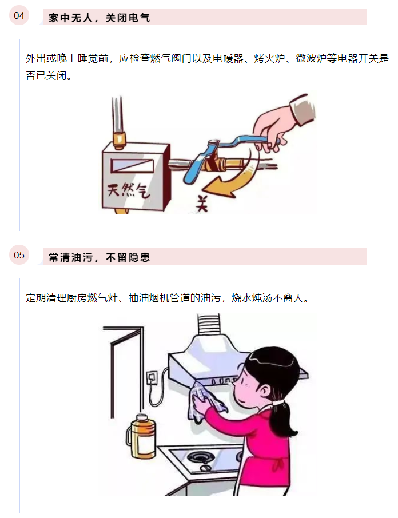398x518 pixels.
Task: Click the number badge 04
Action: click(19, 15)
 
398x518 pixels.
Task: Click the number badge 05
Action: click(19, 255)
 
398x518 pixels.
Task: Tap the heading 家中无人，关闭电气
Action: click(99, 18)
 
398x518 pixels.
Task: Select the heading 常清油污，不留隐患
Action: click(99, 257)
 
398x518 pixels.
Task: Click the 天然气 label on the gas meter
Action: click(129, 190)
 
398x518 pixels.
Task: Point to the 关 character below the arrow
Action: click(201, 203)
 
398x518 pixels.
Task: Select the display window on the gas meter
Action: click(132, 166)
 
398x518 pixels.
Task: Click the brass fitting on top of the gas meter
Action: click(120, 139)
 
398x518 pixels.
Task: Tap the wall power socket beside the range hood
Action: click(152, 377)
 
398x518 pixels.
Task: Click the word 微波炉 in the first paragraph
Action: click(311, 58)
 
